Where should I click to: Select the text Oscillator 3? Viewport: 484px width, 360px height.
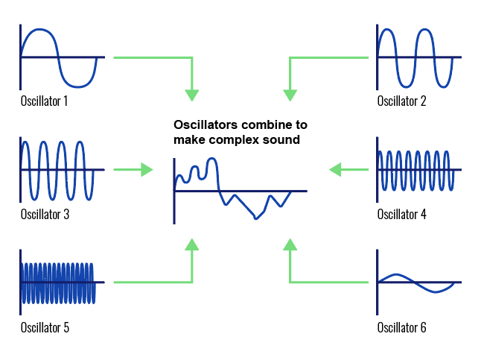[45, 215]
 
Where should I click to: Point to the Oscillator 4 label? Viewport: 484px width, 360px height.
[401, 215]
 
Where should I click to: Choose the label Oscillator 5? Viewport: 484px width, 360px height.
[45, 327]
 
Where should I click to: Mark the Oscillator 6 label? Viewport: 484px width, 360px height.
[401, 327]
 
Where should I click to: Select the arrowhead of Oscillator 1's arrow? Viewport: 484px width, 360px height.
[192, 95]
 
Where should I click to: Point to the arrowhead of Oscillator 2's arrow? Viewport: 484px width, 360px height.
[290, 95]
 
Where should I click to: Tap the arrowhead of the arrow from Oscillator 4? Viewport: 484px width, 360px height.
[335, 170]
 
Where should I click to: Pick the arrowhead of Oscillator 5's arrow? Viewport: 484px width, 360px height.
[192, 244]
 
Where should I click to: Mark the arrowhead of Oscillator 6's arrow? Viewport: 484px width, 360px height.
[290, 244]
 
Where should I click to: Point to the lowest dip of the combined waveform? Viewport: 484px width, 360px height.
[256, 218]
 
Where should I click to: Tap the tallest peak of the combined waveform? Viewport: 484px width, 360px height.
[212, 159]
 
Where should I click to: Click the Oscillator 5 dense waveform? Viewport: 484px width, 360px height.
[58, 282]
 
